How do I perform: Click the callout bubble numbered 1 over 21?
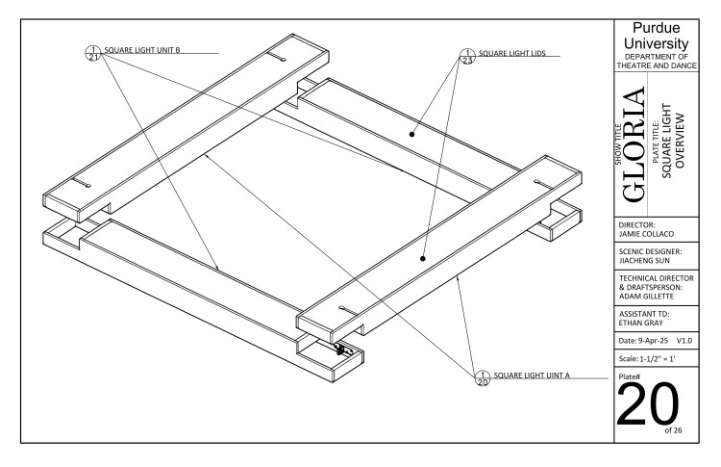(x=93, y=52)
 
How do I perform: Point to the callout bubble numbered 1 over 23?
(x=468, y=55)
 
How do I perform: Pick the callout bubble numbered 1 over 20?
(x=483, y=376)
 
